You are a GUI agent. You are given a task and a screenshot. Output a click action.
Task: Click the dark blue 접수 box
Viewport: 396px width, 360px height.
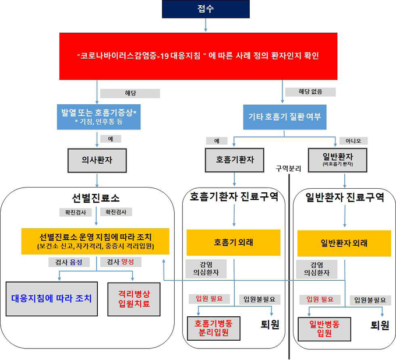(206, 9)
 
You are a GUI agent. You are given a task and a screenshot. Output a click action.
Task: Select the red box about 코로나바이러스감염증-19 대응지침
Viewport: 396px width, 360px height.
(198, 56)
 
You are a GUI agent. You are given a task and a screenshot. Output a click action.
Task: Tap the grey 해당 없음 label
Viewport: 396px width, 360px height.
(310, 91)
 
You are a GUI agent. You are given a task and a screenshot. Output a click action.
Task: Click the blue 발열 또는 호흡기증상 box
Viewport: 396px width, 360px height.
(99, 117)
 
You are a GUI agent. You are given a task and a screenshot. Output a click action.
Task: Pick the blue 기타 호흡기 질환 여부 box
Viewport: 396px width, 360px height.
(285, 117)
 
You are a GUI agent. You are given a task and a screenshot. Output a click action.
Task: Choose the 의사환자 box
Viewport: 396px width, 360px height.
(97, 160)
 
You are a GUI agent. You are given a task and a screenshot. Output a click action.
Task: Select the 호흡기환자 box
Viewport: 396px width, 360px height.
(235, 160)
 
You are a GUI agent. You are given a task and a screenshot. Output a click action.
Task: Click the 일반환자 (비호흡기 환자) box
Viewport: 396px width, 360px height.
(338, 160)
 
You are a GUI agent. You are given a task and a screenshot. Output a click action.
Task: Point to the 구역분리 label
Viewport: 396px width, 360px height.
(288, 168)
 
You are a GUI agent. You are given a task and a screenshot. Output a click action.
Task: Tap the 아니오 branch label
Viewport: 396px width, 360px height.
(353, 141)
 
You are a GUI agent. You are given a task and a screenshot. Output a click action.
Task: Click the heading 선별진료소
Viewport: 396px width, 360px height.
(96, 198)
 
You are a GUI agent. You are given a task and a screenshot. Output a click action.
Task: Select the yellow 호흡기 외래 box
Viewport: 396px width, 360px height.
(234, 242)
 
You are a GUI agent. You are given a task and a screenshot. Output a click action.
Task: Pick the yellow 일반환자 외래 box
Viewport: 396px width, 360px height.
(344, 243)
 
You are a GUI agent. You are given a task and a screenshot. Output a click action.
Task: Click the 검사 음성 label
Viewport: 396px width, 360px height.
(69, 262)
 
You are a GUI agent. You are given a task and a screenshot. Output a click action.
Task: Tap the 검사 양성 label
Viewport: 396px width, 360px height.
(121, 262)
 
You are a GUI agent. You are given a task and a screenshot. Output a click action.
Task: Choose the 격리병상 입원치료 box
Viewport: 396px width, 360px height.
(134, 299)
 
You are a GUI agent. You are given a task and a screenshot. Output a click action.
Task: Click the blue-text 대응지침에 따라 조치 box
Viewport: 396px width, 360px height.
(52, 299)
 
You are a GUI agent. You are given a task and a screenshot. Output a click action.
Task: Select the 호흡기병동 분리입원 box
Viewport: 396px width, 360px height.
(214, 328)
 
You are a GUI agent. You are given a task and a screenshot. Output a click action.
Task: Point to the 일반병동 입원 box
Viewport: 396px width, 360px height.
(324, 329)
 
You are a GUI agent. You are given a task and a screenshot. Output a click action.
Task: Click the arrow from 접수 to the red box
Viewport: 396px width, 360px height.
(206, 25)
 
